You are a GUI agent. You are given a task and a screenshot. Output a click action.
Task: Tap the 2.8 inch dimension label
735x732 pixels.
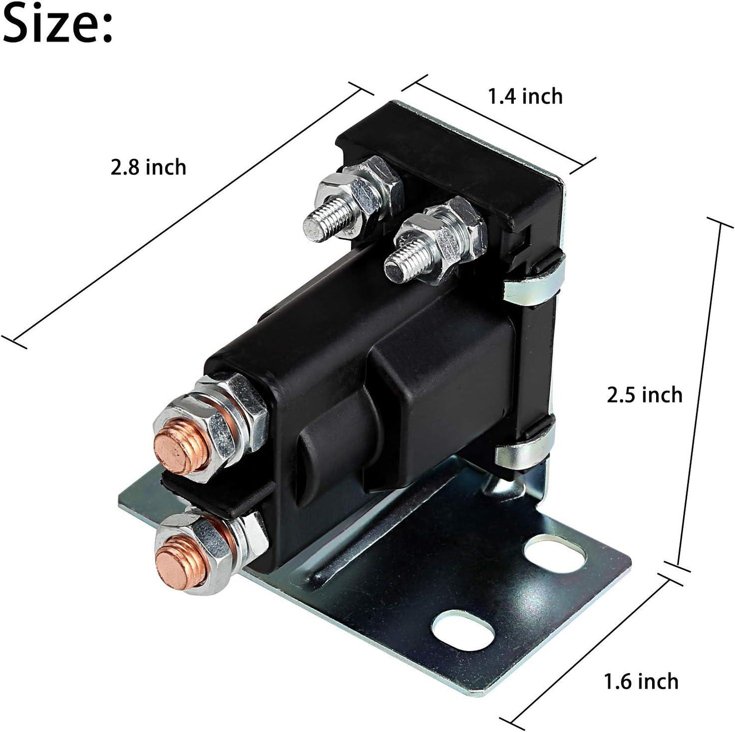point(148,167)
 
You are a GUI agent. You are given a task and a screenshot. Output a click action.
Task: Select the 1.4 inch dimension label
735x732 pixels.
point(525,96)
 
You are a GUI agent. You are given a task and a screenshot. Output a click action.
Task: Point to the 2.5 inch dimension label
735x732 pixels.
point(644,395)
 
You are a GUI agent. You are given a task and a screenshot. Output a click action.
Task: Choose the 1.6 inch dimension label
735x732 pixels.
point(641,681)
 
